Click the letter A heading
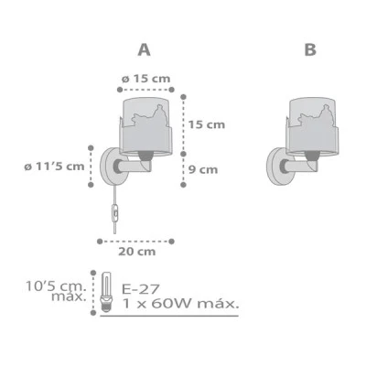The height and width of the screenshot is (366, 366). point(144,50)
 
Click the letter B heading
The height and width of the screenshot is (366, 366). point(310,50)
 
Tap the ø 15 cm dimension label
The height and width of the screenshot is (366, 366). point(145,79)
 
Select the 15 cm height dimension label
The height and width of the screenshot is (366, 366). point(207,124)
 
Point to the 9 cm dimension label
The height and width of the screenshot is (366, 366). point(203,169)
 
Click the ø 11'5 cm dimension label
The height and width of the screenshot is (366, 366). point(54,167)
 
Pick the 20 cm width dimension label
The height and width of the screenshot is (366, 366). point(137,252)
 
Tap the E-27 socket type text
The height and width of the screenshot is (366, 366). point(141,288)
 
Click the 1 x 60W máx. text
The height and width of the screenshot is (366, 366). point(180,304)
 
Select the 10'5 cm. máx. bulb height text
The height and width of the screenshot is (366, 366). point(56,291)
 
